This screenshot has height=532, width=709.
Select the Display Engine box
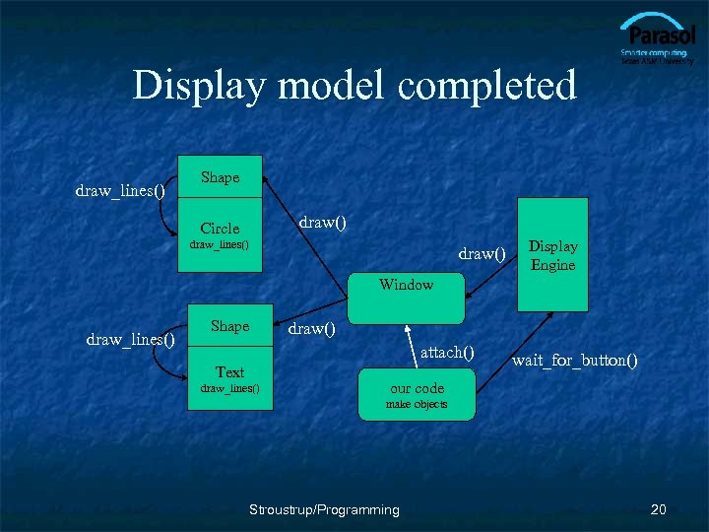[x=553, y=254]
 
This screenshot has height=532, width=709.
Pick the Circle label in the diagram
[x=220, y=228]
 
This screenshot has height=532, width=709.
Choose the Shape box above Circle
[x=220, y=178]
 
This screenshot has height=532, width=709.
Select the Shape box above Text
[x=229, y=326]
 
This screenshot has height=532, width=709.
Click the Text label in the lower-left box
[x=229, y=371]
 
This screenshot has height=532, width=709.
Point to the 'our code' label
[x=417, y=388]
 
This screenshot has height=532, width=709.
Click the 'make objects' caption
[x=417, y=405]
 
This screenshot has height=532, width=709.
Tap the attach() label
[x=447, y=352]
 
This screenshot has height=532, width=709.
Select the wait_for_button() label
[x=574, y=361]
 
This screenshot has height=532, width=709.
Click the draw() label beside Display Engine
[x=481, y=254]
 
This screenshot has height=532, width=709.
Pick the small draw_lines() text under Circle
[x=220, y=244]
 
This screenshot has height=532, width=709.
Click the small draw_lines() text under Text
[x=229, y=388]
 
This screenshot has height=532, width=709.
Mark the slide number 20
[x=659, y=509]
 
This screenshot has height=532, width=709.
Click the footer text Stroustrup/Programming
[x=324, y=509]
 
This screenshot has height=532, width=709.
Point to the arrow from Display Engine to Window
[x=492, y=281]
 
